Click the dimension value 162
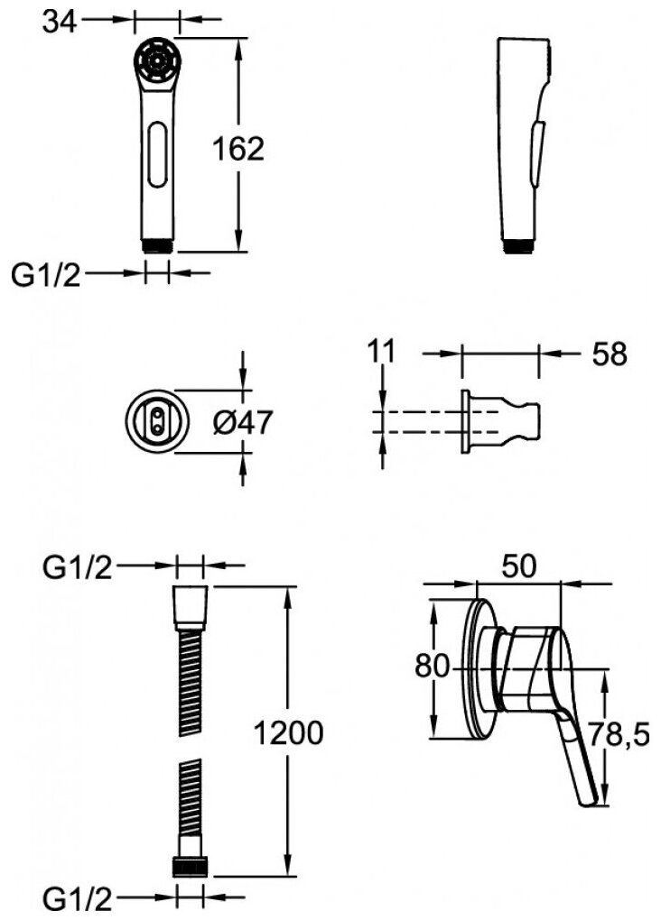[238, 149]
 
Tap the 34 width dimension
[60, 20]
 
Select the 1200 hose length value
[287, 734]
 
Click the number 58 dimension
[609, 354]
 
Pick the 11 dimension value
[383, 351]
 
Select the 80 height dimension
[432, 667]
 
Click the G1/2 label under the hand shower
[45, 275]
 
